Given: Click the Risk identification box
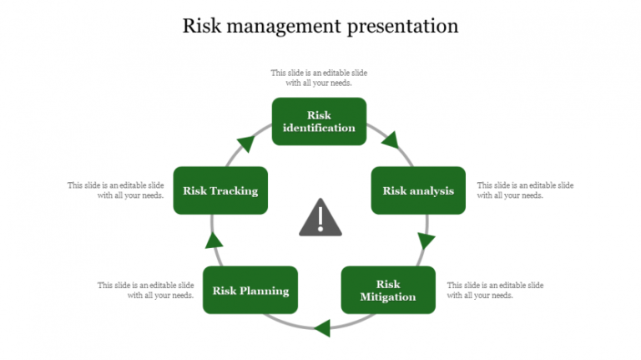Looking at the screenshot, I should pos(319,121).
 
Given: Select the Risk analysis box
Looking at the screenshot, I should pos(418,190).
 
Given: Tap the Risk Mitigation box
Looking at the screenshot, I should pos(388,290).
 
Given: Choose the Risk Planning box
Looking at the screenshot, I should pos(250,290).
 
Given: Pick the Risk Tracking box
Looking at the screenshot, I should pos(220,190).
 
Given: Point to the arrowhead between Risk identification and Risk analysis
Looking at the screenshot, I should pos(390,139).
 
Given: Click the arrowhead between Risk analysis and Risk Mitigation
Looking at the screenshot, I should pos(426,241).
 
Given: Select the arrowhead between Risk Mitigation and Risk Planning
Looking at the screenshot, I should pos(321,327).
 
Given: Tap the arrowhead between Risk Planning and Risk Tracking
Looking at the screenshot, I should pos(215,241).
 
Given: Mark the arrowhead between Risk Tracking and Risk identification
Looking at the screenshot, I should pos(246,142).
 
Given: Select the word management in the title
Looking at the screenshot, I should pos(280,26).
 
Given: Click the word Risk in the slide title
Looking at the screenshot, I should pos(201,26).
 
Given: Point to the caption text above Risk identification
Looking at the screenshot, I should pos(319,78).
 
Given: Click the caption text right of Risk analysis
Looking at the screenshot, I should pos(525,190).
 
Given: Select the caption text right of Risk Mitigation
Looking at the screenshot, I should pos(495,290).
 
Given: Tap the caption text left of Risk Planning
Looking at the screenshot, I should pos(145,290).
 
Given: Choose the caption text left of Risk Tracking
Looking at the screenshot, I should pos(115,190).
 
